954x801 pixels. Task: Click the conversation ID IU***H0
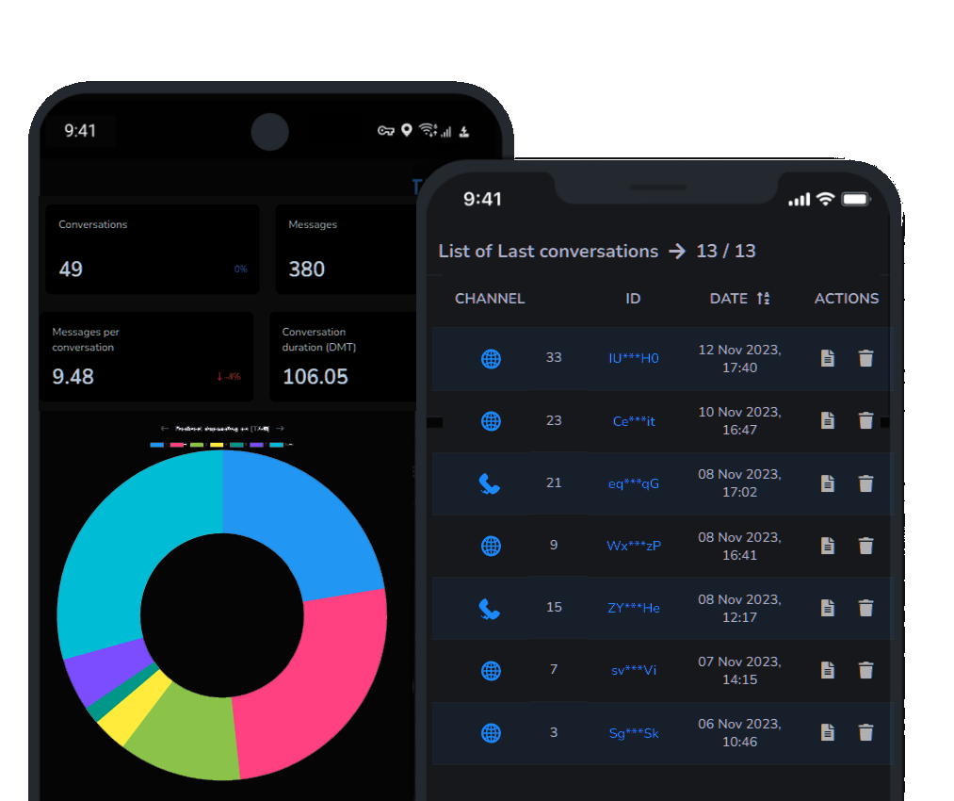click(633, 358)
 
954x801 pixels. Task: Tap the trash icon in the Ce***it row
click(865, 420)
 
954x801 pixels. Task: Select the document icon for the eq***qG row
click(827, 482)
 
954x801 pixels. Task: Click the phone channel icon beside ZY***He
click(489, 609)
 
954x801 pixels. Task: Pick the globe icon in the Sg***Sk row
click(491, 732)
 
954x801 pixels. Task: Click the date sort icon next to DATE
click(763, 298)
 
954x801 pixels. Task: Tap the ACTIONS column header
click(846, 298)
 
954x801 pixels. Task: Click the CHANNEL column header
click(490, 298)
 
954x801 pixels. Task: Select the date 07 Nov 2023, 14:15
click(739, 670)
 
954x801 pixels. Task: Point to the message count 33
click(554, 357)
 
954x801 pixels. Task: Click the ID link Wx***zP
click(633, 546)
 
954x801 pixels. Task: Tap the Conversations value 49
click(71, 269)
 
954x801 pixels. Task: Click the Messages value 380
click(307, 269)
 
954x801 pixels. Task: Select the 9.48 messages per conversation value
click(73, 376)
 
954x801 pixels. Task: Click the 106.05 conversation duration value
click(315, 376)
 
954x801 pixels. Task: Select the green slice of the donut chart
click(184, 744)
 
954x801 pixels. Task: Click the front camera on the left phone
click(269, 131)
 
